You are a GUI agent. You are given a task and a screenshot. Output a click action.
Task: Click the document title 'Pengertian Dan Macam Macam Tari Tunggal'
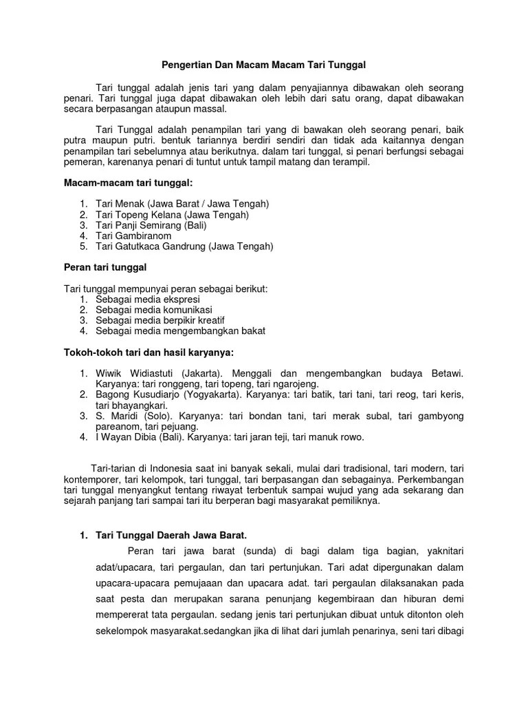coord(264,65)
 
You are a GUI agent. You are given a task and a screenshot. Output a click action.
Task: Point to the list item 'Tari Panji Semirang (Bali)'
coord(151,225)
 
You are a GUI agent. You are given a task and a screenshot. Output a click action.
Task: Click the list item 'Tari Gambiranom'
coord(133,235)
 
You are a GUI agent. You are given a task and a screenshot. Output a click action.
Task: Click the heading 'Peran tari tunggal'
coord(106,266)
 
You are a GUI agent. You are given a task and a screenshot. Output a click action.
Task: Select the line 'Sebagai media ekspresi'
coord(148,299)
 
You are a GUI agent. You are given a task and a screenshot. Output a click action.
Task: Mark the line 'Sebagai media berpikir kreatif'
coord(160,320)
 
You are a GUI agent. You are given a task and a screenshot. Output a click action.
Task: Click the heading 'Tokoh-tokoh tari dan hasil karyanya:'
coord(148,352)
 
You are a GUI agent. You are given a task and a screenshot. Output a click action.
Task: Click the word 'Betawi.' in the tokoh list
coord(448,374)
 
